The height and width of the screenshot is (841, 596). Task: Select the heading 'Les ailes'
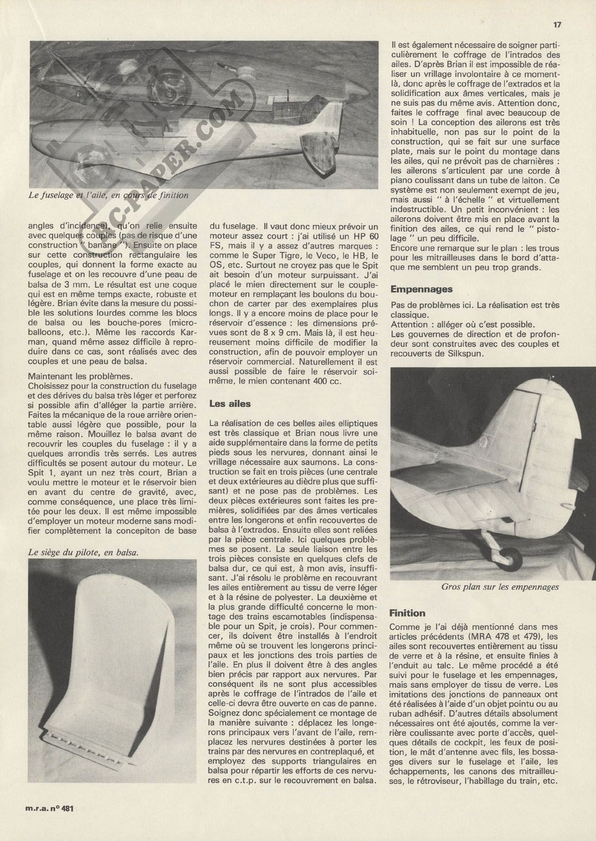(x=230, y=404)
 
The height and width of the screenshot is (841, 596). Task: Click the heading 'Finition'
(x=407, y=613)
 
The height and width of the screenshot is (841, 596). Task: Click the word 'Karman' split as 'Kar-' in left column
(x=185, y=342)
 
